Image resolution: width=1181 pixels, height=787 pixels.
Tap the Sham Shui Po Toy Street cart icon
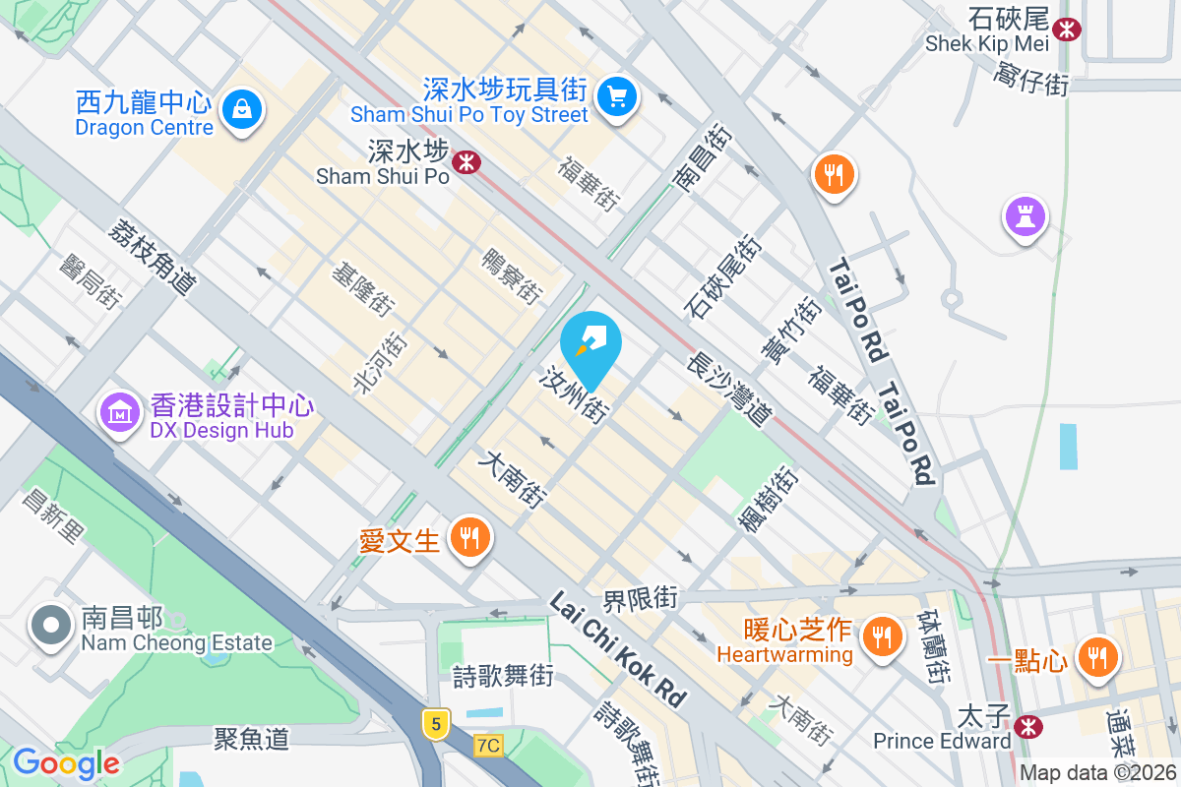[618, 96]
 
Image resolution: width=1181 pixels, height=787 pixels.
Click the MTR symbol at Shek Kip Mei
[1065, 30]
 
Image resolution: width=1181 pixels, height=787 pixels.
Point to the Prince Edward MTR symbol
[1028, 727]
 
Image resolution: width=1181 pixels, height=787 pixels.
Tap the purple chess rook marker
[1025, 217]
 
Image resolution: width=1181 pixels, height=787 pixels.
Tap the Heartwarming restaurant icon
[882, 636]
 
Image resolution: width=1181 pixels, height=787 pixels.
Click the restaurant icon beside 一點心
[1095, 657]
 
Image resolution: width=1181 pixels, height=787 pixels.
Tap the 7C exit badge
[488, 745]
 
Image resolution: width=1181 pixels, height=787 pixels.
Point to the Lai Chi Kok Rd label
[617, 648]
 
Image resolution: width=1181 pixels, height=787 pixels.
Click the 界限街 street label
[641, 598]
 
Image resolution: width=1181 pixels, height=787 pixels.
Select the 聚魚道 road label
[252, 737]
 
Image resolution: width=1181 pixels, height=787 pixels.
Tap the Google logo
[66, 763]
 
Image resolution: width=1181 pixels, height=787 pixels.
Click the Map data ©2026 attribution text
[1097, 772]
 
